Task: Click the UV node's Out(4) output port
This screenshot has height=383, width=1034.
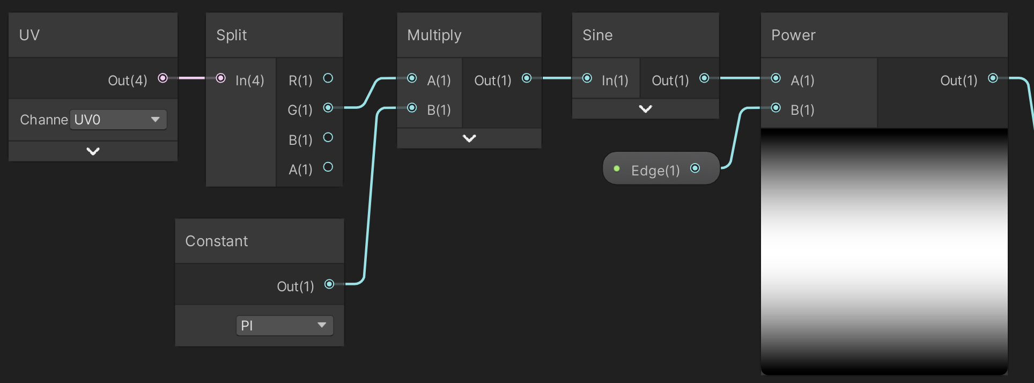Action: pos(163,78)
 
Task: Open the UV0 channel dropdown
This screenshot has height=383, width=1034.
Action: pos(118,120)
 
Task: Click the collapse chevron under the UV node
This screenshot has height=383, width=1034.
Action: pos(93,151)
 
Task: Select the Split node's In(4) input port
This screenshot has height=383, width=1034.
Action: pos(220,78)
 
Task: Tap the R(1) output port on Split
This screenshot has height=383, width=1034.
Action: pos(328,78)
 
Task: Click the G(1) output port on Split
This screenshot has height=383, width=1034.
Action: pos(328,108)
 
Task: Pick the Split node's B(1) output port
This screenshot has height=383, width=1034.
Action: pos(328,138)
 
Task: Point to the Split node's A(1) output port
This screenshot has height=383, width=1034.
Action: pos(328,167)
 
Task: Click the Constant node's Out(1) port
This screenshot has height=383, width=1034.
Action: pos(329,284)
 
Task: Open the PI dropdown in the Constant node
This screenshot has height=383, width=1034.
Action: pos(285,326)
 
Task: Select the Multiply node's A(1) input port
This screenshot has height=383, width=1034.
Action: pos(412,78)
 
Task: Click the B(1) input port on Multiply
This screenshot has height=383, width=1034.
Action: pos(412,108)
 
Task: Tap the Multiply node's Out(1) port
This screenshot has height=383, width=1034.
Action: pos(527,78)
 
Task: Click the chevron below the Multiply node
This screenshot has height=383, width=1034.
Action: pos(469,138)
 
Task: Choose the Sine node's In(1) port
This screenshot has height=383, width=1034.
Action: pos(587,78)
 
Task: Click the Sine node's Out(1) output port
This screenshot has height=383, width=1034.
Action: pos(704,78)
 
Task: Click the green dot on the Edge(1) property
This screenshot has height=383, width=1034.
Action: pos(617,168)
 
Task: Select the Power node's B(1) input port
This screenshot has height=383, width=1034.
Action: pos(775,108)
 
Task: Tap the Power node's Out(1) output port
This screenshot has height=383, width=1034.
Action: pos(993,78)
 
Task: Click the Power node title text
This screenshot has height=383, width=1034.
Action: pos(793,35)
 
